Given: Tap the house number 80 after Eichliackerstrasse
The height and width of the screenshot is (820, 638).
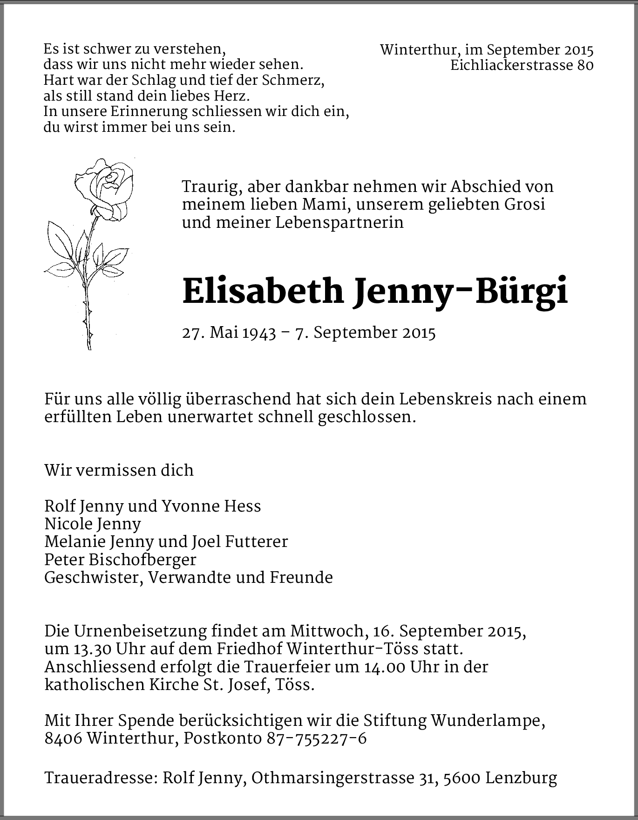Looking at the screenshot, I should point(585,66).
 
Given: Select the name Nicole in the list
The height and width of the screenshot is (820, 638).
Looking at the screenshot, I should point(68,524).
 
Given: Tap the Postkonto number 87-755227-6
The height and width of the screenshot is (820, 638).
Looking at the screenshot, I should point(317,739).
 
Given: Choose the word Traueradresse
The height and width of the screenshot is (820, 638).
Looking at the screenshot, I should point(99,778).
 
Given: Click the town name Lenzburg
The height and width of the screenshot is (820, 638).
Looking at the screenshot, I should point(521,778).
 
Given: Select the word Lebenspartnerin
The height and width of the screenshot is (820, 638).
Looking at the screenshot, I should point(339,223).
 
